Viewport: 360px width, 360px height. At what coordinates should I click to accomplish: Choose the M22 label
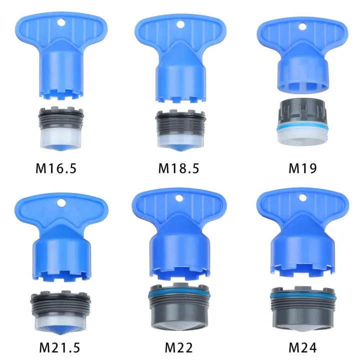pos(178,346)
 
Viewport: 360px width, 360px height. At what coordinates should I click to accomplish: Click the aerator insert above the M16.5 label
pos(58,127)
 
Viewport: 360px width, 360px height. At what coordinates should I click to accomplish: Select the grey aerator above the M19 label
pos(302,120)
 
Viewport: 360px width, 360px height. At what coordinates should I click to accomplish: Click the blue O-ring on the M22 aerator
pos(178,294)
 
